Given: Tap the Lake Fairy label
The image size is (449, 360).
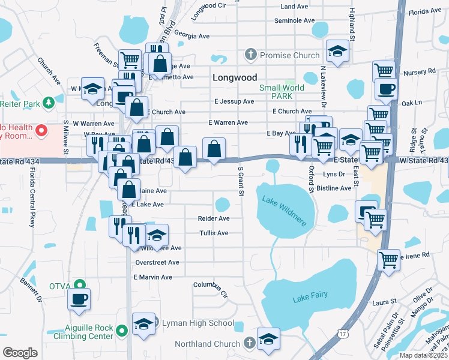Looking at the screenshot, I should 309,298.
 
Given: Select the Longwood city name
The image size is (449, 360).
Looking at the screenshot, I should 235,78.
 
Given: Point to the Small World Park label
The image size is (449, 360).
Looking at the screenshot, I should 282,92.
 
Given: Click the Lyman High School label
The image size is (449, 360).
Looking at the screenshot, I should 198,323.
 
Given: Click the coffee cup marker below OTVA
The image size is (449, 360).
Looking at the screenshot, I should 79,299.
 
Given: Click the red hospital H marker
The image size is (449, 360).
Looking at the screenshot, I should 41,130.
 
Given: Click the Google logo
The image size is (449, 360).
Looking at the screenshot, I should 20,353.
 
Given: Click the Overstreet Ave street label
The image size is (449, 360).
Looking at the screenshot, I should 157,262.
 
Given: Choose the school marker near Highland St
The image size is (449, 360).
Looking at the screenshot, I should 337,52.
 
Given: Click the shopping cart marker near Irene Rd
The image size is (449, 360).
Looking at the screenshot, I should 388,259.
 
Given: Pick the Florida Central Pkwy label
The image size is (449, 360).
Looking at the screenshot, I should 32,198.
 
